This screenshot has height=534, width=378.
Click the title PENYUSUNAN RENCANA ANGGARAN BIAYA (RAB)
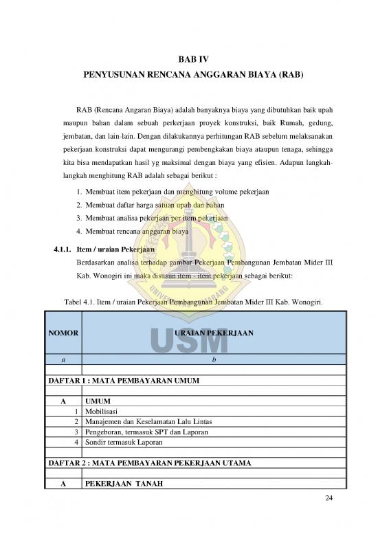point(188,73)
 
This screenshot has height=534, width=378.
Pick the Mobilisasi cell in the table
point(100,410)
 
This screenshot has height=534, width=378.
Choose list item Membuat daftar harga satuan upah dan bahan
point(145,205)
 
